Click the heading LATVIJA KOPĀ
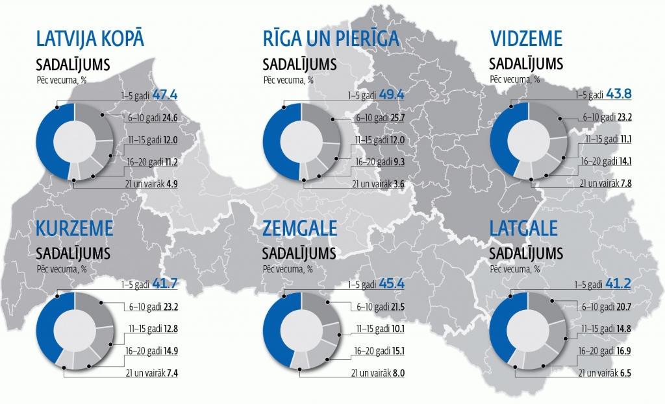point(90,40)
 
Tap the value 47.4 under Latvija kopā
point(165,95)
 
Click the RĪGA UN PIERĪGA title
point(330,40)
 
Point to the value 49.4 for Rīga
point(392,95)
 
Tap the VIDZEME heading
point(526,40)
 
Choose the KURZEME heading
point(76,229)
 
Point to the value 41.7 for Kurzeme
point(165,284)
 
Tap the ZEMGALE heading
point(300,229)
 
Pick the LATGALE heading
point(525,229)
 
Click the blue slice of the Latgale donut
point(502,331)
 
